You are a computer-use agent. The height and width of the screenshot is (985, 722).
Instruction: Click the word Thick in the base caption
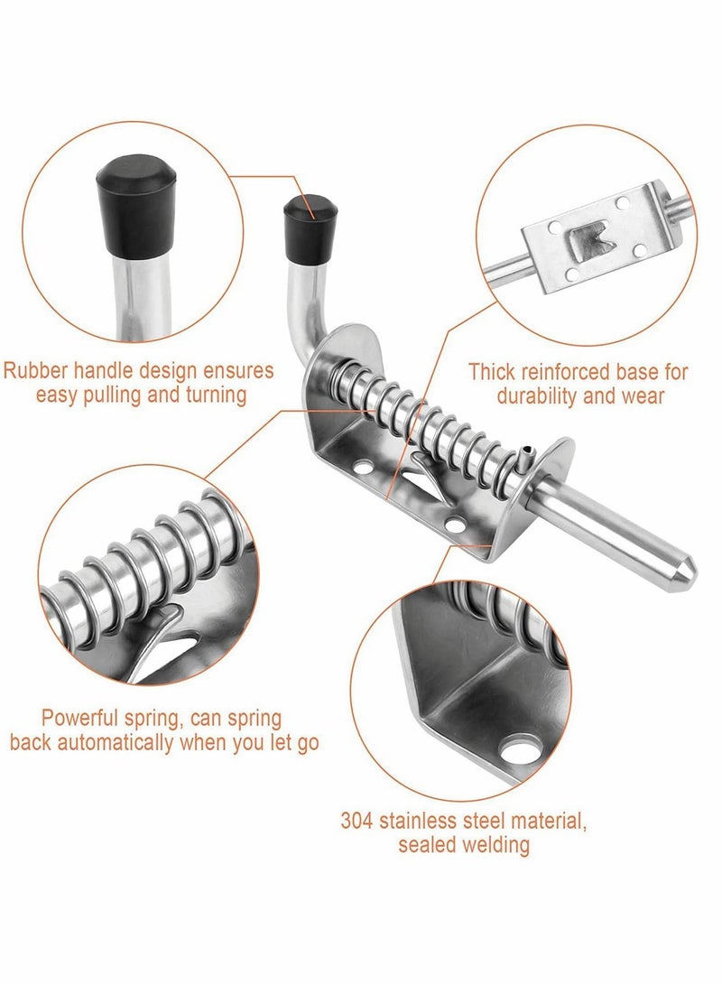[x=492, y=370]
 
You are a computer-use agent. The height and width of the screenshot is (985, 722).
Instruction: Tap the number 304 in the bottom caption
[x=356, y=822]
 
